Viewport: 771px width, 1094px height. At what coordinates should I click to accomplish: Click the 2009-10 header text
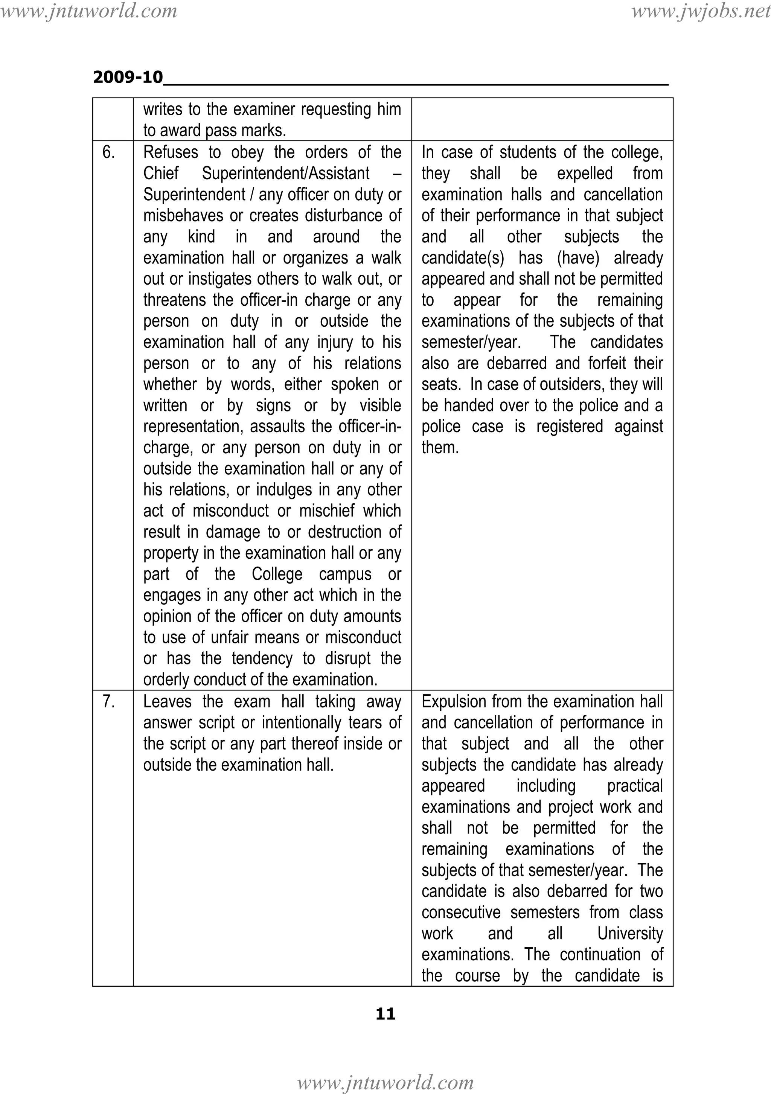(128, 77)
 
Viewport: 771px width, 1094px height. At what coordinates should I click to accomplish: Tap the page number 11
(385, 1013)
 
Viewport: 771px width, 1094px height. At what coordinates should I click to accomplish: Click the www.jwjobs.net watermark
(701, 11)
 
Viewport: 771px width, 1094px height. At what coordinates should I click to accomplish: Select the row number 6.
(109, 152)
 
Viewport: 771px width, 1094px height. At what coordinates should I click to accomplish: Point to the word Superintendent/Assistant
(285, 174)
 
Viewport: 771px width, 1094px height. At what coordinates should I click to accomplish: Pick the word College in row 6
(277, 574)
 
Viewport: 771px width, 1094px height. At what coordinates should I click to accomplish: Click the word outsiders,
(563, 384)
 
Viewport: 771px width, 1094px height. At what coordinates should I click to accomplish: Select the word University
(630, 933)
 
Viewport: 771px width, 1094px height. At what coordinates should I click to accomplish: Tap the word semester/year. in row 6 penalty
(471, 343)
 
